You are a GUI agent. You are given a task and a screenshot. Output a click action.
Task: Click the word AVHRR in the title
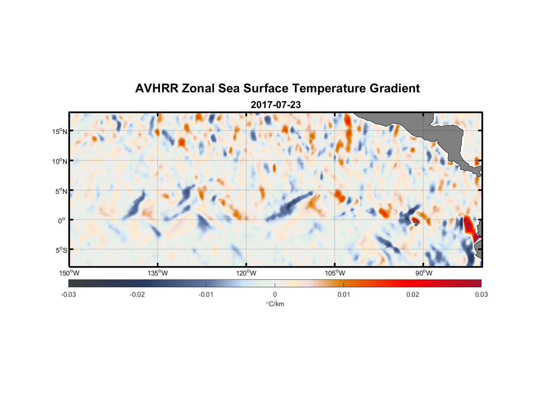click(x=157, y=88)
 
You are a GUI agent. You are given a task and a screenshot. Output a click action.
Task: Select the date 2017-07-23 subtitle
click(x=276, y=105)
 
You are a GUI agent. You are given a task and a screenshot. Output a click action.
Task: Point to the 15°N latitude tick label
click(x=60, y=131)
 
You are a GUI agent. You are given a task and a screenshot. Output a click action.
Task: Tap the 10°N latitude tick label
click(x=60, y=161)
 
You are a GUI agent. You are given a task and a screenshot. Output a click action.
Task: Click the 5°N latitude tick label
click(x=61, y=191)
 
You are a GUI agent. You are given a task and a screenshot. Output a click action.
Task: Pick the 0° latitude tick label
click(x=61, y=220)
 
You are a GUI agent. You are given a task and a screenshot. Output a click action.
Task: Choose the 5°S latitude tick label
click(x=61, y=250)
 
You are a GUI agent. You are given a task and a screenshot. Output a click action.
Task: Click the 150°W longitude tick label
click(x=69, y=273)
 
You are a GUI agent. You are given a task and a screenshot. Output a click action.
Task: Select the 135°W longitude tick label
click(x=158, y=273)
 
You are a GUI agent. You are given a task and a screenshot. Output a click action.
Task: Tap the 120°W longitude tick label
click(x=246, y=273)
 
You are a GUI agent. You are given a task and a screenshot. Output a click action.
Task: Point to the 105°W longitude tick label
click(x=335, y=273)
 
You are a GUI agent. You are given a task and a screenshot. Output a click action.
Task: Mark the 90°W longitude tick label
click(x=424, y=273)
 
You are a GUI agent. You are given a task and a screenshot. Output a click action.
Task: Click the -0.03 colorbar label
click(x=68, y=295)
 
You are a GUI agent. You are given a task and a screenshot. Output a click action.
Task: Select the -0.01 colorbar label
click(x=206, y=295)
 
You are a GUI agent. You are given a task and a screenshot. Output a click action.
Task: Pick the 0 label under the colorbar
click(x=275, y=295)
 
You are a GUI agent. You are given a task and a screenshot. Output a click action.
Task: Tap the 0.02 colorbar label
click(x=413, y=295)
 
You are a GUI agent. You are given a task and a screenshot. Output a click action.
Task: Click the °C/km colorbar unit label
click(x=275, y=304)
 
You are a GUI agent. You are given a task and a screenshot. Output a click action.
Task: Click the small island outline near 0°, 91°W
click(x=416, y=222)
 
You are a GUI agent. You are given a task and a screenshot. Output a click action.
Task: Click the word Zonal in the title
click(x=198, y=88)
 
